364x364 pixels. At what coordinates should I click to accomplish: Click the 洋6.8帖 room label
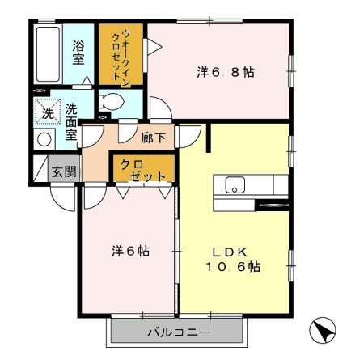click(x=225, y=72)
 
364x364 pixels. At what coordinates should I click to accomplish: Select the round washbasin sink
click(x=44, y=138)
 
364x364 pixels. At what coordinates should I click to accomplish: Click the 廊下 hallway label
click(x=153, y=138)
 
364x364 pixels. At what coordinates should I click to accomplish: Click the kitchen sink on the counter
click(x=235, y=185)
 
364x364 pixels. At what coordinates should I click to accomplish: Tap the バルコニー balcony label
click(x=178, y=332)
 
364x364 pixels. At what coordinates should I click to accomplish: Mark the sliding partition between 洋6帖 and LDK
click(x=177, y=251)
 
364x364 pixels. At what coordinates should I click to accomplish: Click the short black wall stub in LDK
click(x=209, y=137)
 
